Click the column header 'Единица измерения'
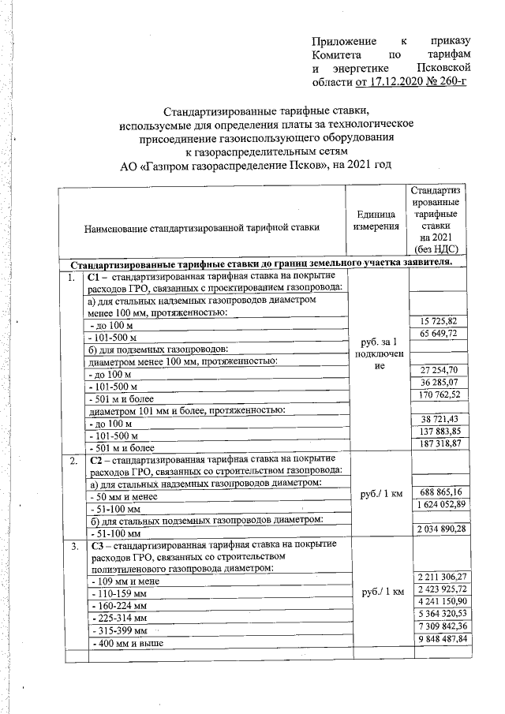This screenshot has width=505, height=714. [x=376, y=222]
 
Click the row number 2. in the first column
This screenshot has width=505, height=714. [x=72, y=459]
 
